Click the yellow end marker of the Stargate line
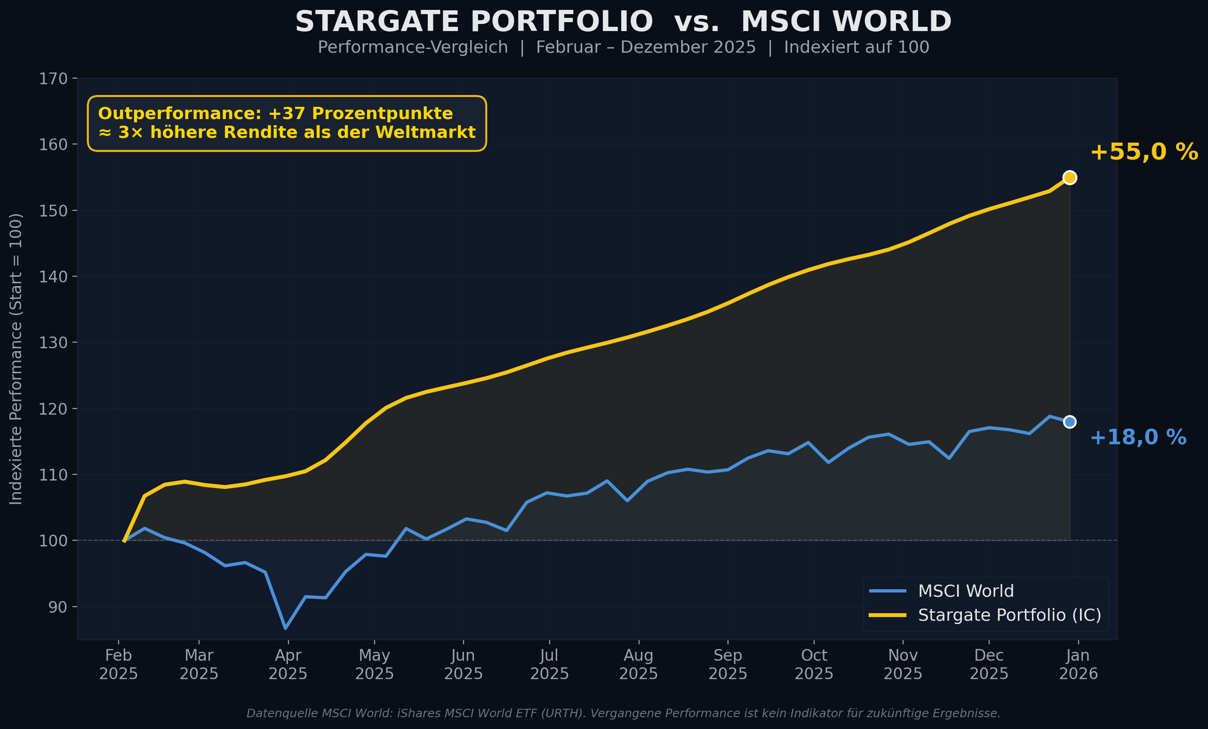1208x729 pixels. click(x=1070, y=177)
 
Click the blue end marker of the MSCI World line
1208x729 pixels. click(x=1070, y=422)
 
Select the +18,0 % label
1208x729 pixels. click(x=1138, y=437)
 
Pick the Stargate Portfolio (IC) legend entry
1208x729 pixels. click(x=1009, y=615)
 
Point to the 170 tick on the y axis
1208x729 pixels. click(x=53, y=79)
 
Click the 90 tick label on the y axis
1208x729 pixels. click(x=57, y=607)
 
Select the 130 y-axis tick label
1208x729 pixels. click(x=53, y=343)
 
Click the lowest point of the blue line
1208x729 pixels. click(x=285, y=628)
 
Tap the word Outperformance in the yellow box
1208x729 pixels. click(x=179, y=114)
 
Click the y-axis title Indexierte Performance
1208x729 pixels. click(x=16, y=358)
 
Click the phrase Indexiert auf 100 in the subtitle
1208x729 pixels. click(x=856, y=48)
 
